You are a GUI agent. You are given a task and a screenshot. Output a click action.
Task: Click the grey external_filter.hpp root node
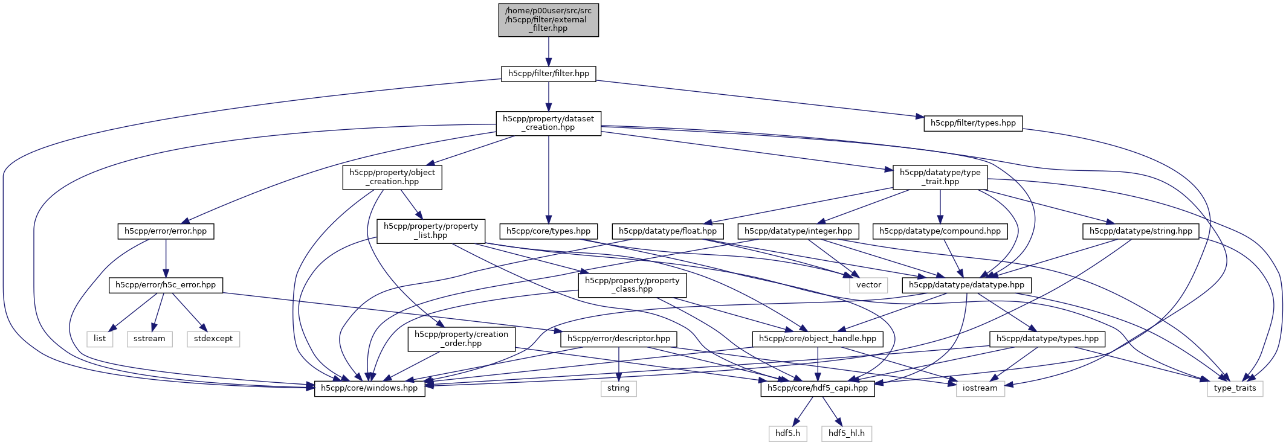coord(548,20)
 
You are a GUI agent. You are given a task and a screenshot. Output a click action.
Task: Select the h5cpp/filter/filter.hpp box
coord(548,74)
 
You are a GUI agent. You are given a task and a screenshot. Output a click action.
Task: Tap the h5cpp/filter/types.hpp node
coord(973,123)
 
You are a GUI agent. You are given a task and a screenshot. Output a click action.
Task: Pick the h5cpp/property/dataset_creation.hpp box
coord(548,123)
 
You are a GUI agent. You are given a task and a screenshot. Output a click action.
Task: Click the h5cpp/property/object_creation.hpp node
coord(392,177)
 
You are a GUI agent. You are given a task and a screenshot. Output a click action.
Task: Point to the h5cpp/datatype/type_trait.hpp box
coord(940,177)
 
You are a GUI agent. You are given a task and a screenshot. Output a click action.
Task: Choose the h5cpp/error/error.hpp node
coord(166,231)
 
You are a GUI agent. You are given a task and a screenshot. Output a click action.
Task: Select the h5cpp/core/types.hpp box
coord(548,231)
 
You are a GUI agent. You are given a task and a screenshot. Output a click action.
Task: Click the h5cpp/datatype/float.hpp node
coord(667,231)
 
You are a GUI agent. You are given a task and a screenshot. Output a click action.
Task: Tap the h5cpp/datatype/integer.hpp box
coord(798,231)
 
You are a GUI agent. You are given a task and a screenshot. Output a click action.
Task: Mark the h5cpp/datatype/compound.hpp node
coord(940,231)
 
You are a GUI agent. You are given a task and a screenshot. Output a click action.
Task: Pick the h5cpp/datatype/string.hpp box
coord(1140,231)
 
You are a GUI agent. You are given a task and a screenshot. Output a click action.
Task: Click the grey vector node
coord(868,285)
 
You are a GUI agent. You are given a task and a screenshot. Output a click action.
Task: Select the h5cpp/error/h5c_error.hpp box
coord(166,285)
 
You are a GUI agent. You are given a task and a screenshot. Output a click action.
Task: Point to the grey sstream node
coord(149,339)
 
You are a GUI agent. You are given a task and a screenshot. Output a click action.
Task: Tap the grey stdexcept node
coord(213,339)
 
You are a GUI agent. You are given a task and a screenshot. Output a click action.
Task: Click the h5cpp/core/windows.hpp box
coord(369,388)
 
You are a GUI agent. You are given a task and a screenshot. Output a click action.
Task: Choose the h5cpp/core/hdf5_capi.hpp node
coord(817,388)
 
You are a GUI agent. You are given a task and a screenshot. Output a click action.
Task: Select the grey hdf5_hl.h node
coord(846,434)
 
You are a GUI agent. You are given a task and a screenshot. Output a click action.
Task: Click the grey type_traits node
coord(1235,388)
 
